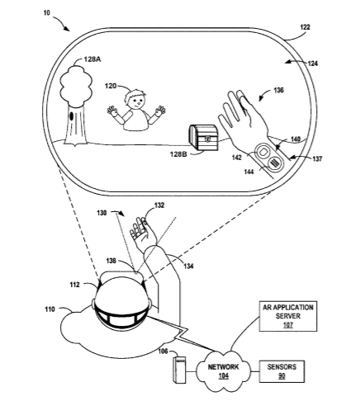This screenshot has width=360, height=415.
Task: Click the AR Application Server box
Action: (x=288, y=316)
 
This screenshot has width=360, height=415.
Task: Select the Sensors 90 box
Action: (x=282, y=371)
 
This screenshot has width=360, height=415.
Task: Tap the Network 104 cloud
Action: (x=224, y=371)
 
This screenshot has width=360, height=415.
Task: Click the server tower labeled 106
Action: (x=179, y=370)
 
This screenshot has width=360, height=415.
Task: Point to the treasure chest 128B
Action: (x=204, y=138)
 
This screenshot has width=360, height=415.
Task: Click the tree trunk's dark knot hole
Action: (x=72, y=116)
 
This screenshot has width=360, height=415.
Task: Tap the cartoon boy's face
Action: (x=135, y=100)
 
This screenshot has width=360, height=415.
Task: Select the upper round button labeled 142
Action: (x=263, y=152)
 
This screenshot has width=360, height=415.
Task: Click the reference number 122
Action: (x=305, y=27)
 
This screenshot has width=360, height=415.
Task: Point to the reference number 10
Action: (x=47, y=13)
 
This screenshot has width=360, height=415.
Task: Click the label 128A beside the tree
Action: (x=92, y=59)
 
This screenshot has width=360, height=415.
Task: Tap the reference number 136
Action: (x=278, y=90)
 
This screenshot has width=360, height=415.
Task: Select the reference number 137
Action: (x=317, y=159)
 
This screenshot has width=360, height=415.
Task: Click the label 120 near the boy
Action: (x=111, y=86)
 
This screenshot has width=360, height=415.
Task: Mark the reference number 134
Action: (x=188, y=266)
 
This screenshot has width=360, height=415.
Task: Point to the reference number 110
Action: (x=50, y=309)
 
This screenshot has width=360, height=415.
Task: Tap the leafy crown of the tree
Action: (x=76, y=86)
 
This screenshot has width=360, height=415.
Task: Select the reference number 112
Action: (x=74, y=285)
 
